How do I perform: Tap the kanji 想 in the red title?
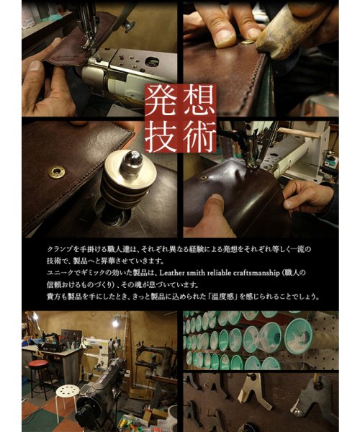[199, 100]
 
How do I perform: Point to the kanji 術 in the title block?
[199, 136]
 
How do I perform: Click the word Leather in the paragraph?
[171, 273]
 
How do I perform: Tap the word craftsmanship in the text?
[256, 274]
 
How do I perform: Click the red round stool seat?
[39, 364]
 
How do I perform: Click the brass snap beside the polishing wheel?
[57, 172]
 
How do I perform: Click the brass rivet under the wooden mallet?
[247, 42]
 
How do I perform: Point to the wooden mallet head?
[293, 27]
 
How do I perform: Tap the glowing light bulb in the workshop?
[115, 323]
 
